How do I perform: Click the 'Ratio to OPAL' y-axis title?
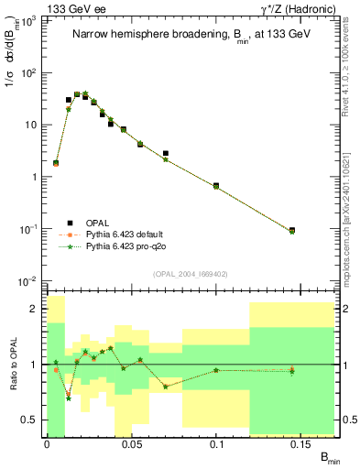tap(14, 365)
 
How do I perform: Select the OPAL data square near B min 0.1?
tap(216, 186)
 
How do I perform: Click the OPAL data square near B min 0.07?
tap(165, 154)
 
